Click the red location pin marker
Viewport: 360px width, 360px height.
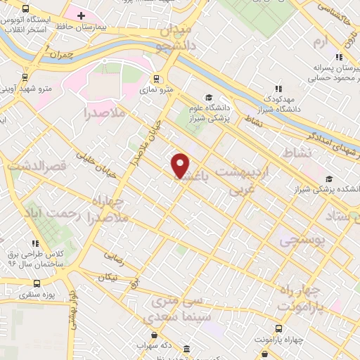click(181, 165)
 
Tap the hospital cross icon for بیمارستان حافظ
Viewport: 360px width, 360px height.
click(82, 15)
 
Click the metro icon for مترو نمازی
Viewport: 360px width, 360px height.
click(156, 79)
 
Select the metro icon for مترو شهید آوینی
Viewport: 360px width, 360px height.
click(25, 78)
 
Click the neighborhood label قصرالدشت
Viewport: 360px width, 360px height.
click(36, 166)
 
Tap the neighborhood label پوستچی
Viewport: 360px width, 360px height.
click(304, 240)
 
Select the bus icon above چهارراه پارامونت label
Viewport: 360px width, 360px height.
click(279, 328)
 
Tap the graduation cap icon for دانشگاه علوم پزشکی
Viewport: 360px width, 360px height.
click(209, 97)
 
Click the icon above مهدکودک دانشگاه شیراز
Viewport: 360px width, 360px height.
click(278, 89)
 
